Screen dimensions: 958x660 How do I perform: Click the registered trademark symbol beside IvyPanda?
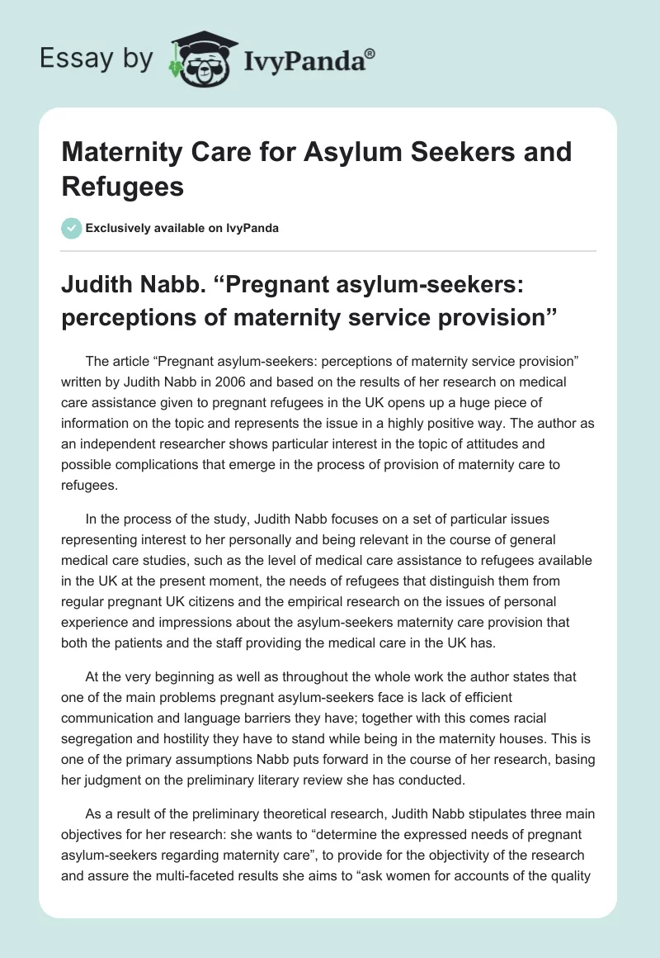370,55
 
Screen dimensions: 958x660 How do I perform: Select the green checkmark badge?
72,228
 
